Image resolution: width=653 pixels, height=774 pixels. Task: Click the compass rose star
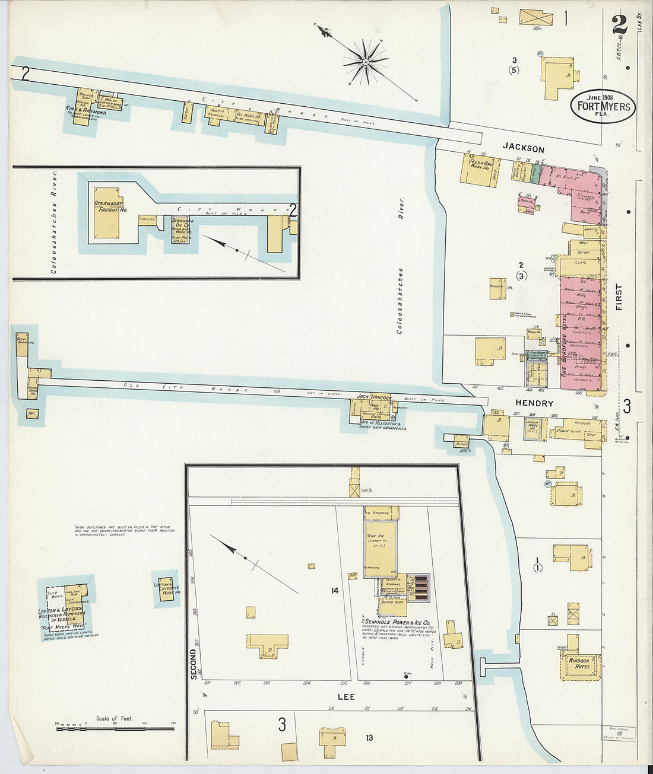[x=366, y=60]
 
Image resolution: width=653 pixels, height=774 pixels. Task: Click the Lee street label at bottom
[x=346, y=696]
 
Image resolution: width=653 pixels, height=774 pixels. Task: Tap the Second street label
[x=192, y=664]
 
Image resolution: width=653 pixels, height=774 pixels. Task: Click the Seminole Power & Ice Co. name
[x=398, y=622]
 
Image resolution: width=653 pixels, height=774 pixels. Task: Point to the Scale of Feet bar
[x=116, y=727]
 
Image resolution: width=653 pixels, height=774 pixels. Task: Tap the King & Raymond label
[x=87, y=112]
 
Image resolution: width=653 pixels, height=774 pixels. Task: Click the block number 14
[x=335, y=590]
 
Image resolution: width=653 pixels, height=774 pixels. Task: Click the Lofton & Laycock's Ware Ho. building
[x=166, y=588]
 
